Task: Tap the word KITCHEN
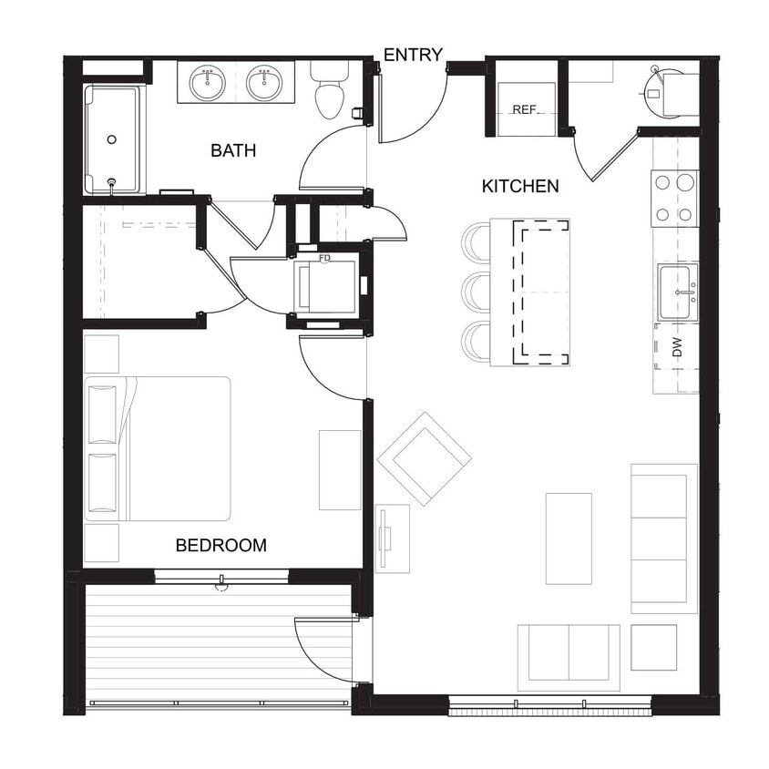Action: pos(519,187)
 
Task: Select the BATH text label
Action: pos(233,150)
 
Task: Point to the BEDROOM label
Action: pos(221,546)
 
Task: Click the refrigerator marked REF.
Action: pos(525,109)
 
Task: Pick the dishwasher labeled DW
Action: pos(676,347)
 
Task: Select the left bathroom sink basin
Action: pos(209,84)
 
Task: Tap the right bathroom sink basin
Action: pos(264,84)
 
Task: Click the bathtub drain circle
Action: pos(112,139)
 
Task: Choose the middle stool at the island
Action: pos(476,292)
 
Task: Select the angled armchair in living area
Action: pos(424,458)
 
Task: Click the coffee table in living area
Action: pos(569,538)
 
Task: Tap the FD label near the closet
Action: pos(324,259)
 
